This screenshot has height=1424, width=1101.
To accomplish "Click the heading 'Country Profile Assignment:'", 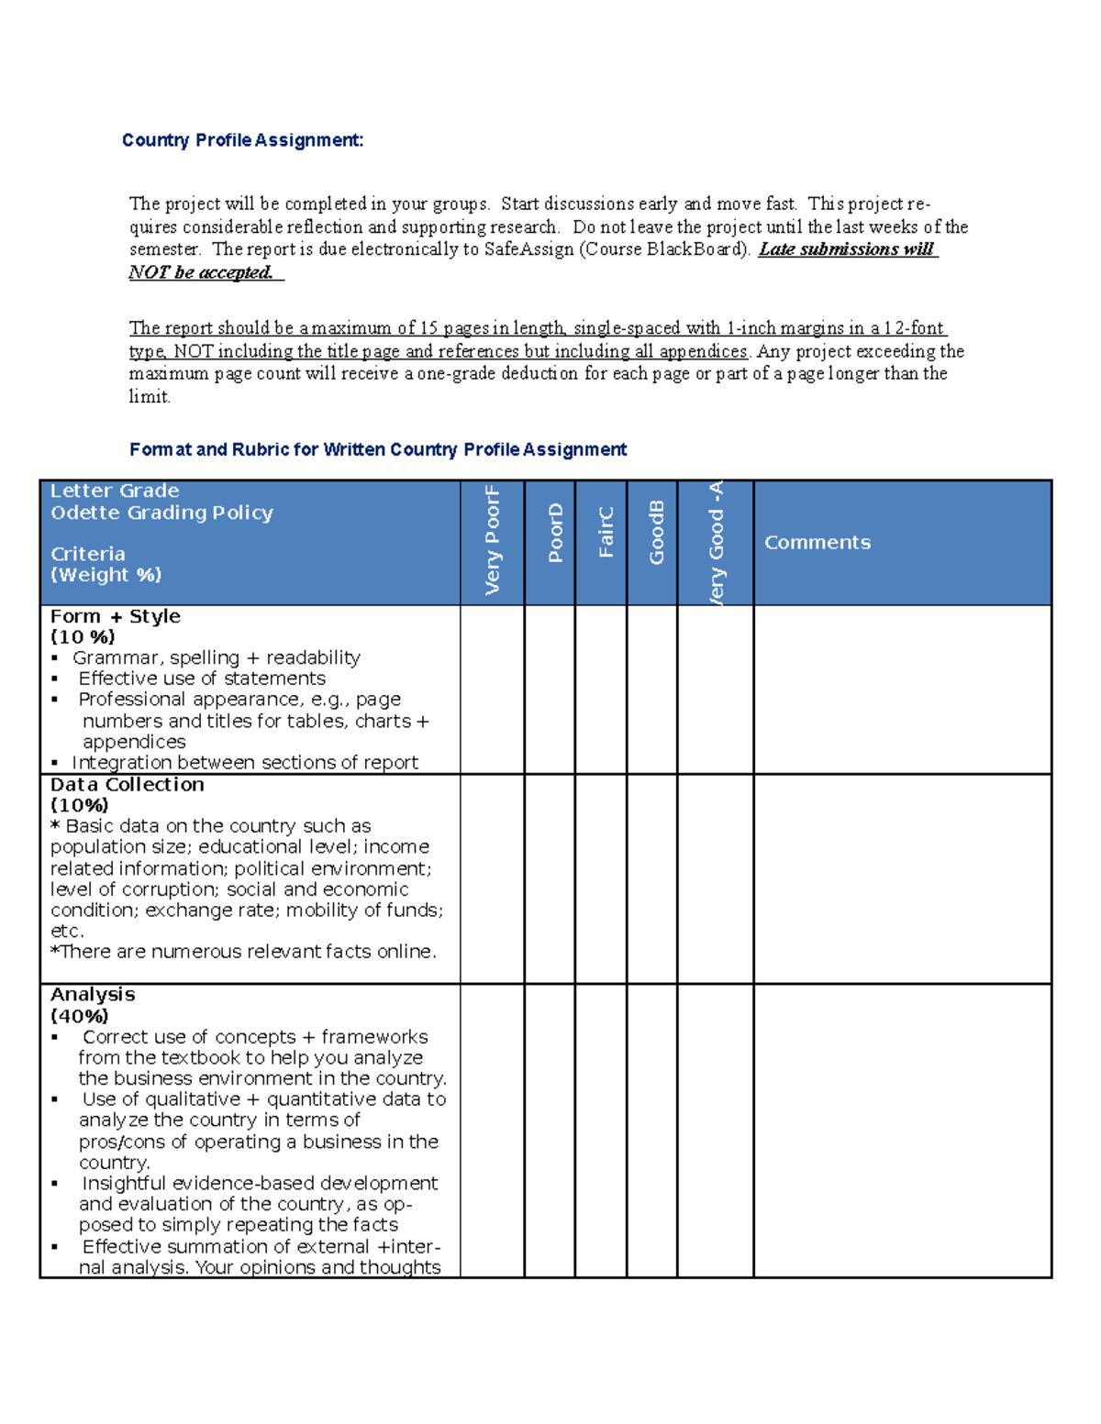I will [x=242, y=140].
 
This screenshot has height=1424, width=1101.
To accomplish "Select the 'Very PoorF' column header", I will [x=493, y=541].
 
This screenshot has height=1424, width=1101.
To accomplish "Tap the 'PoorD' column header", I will [x=554, y=533].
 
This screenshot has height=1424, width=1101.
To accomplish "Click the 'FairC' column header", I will [x=606, y=533].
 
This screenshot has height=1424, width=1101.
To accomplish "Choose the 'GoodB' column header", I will [x=656, y=533].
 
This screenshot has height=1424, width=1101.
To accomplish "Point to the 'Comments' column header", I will [x=817, y=543].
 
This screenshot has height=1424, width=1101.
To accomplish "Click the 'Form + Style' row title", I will [x=116, y=617].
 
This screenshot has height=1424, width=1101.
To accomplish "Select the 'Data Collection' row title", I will [x=128, y=785].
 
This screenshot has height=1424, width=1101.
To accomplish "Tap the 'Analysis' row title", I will [x=93, y=995].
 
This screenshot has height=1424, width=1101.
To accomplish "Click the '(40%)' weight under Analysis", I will [x=80, y=1016].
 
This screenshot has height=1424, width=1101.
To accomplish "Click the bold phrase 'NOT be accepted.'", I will [x=201, y=272].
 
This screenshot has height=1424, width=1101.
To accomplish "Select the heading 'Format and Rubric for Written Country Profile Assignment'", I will [x=378, y=449].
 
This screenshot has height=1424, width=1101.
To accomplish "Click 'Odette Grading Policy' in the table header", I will [x=162, y=513].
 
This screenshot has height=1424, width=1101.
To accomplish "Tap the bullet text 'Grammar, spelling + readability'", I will [x=217, y=658].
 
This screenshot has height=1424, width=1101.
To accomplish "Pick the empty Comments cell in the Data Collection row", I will [x=902, y=879].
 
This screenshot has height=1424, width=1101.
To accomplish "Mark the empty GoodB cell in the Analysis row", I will [x=652, y=1131].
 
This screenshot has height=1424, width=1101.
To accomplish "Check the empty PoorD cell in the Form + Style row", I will [x=550, y=690].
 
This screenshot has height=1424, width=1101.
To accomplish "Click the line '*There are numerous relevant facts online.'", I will [x=243, y=952].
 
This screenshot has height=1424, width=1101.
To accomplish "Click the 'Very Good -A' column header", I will [x=716, y=541].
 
